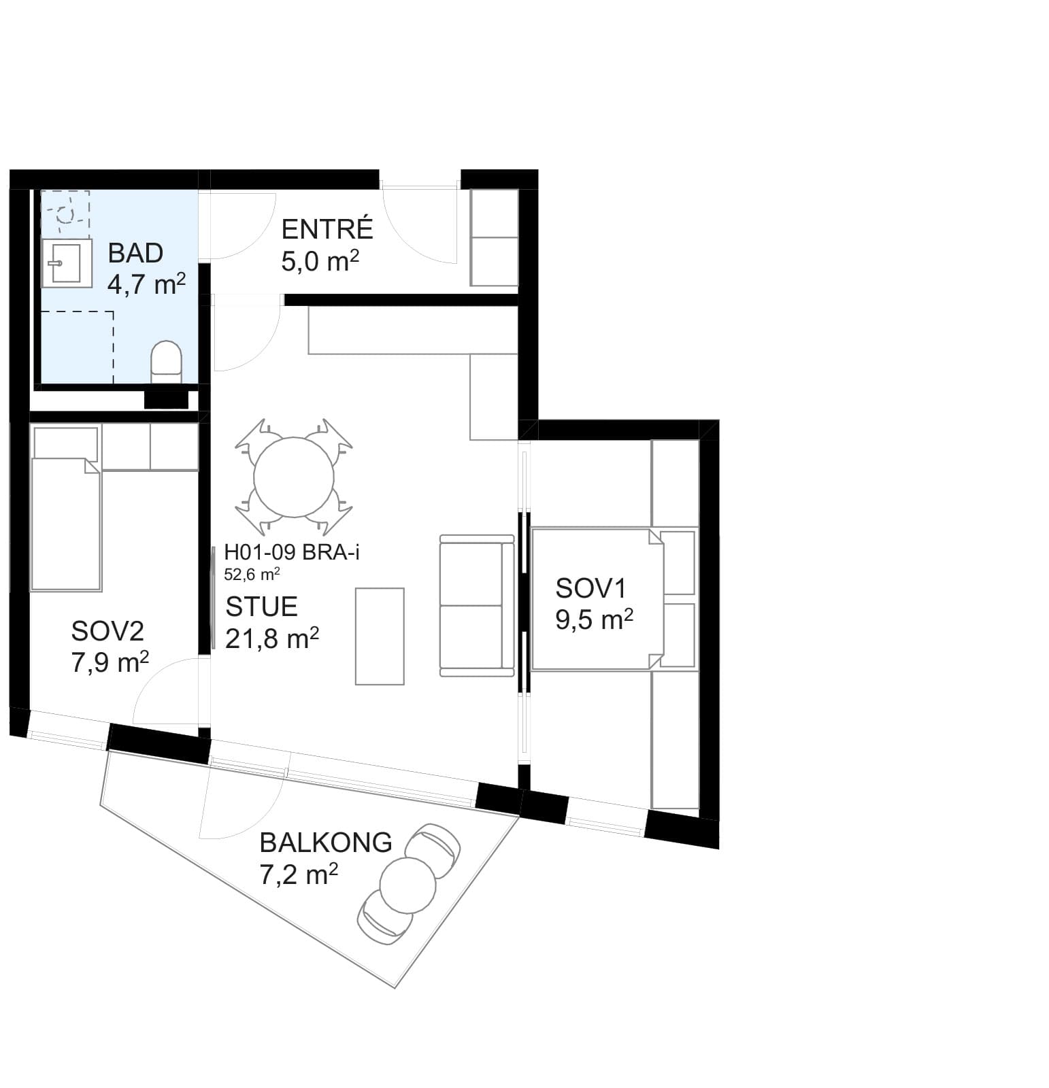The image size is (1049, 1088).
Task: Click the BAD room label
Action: [135, 253]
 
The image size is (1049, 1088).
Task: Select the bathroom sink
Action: [67, 263]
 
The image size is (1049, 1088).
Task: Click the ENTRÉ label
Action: [327, 229]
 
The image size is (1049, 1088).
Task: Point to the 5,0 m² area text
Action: [320, 261]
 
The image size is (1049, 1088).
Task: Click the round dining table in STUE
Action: [294, 477]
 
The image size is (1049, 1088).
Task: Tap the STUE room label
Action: [261, 607]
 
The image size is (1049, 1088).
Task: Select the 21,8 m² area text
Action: [271, 639]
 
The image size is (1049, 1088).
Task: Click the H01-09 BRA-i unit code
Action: [292, 553]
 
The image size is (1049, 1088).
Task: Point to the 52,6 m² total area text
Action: [252, 575]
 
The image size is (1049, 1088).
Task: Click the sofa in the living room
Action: [477, 605]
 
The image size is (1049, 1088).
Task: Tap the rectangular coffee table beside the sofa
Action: [380, 636]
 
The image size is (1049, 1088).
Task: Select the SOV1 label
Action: [590, 588]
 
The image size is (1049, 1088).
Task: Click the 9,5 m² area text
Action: [594, 619]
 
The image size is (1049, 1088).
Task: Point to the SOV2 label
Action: [107, 632]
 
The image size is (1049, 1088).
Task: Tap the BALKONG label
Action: [326, 843]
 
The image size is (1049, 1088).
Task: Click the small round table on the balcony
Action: [407, 885]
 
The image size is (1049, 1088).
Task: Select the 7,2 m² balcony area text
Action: [299, 874]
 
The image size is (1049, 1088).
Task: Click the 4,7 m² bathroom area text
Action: [146, 284]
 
